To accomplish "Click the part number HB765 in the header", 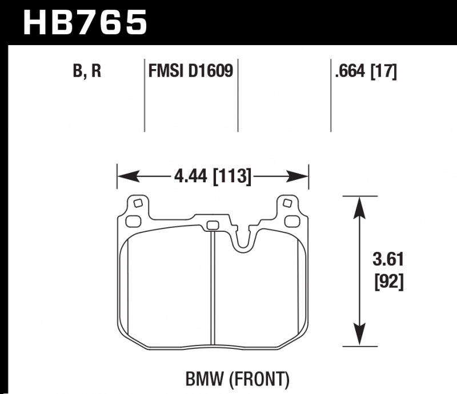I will pos(85,23).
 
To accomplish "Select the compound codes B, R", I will pos(86,73).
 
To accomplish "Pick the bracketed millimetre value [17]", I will pos(384,73).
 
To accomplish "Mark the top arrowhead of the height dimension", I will pos(359,205).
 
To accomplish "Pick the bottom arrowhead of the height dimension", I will pos(359,337).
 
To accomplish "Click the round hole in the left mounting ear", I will pos(137,203).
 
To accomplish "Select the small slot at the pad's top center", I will pos(212,224).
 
